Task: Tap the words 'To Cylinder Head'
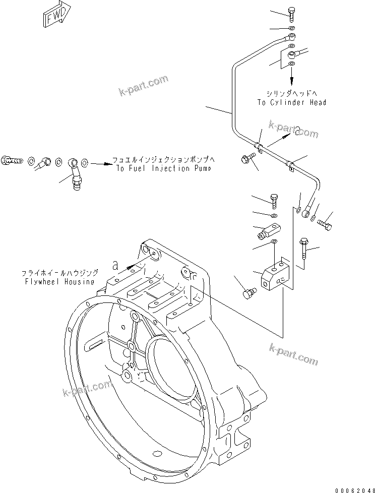pos(292,102)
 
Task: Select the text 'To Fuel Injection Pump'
pos(163,168)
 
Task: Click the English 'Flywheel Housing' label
pos(59,281)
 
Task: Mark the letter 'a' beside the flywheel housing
pos(116,264)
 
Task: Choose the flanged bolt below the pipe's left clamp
pos(247,160)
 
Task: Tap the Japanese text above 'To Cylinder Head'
pos(291,94)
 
